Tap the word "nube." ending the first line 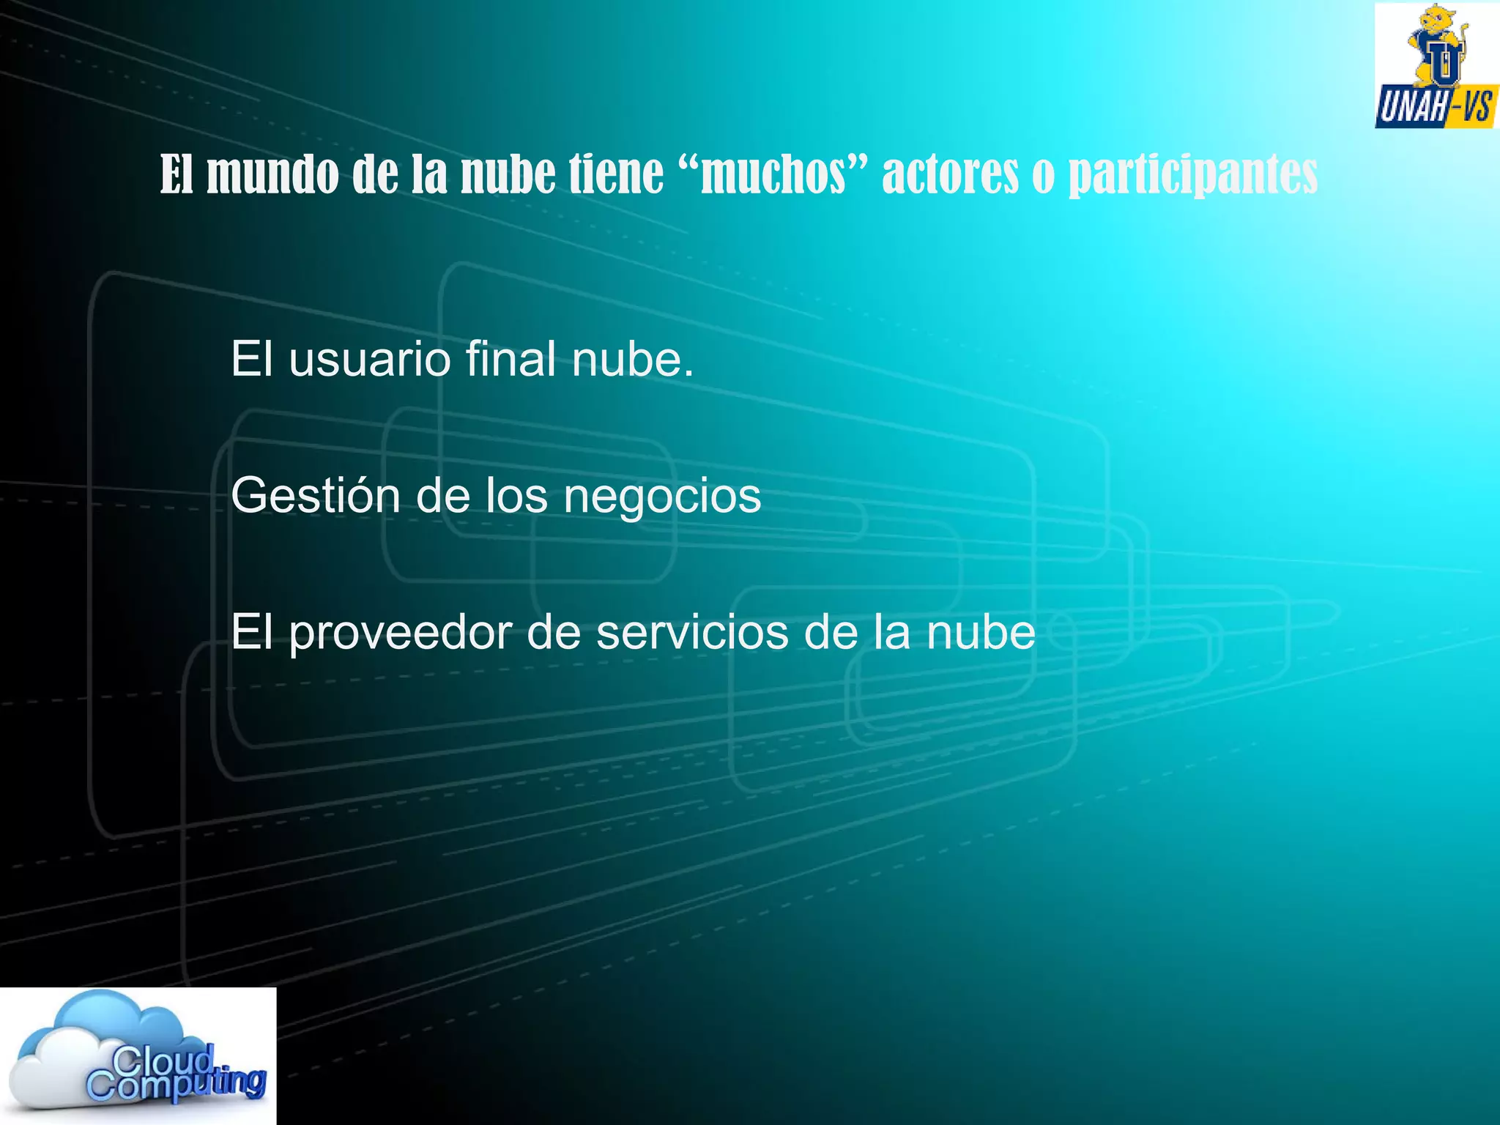(x=632, y=360)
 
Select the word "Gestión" (x=314, y=496)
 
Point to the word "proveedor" (x=400, y=634)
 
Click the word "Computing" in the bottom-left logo (x=176, y=1084)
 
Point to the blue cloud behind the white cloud (x=110, y=1014)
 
